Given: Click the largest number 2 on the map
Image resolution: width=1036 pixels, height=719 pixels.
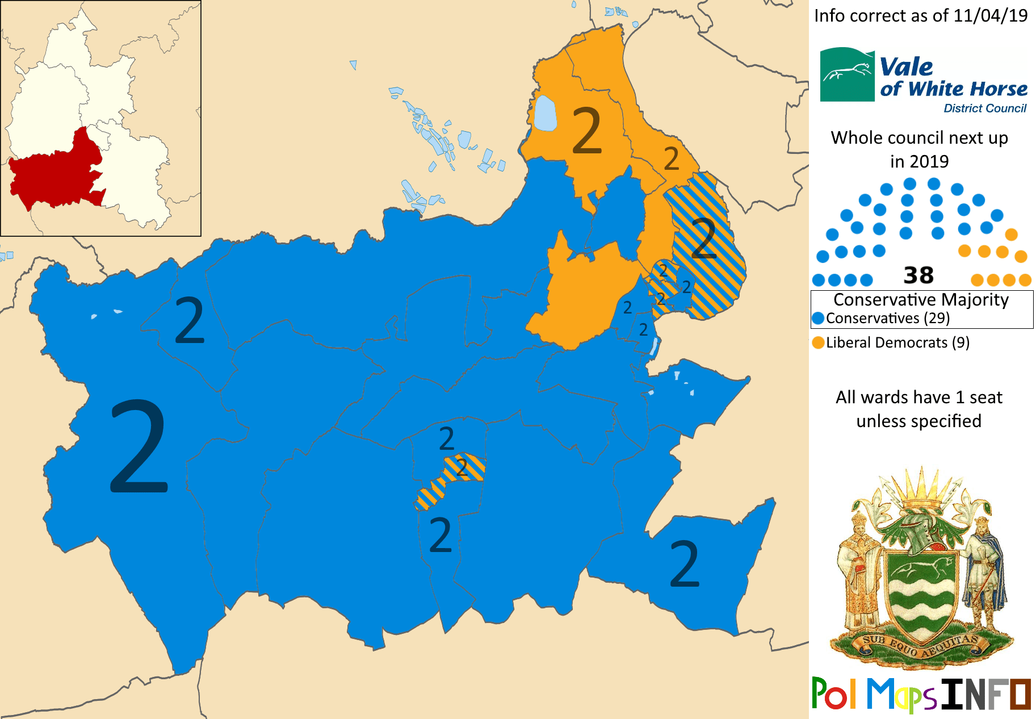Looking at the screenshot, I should click(139, 446).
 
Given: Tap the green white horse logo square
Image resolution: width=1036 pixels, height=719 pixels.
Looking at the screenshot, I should click(847, 74).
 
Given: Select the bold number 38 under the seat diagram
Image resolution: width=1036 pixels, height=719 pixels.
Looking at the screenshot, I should click(918, 275).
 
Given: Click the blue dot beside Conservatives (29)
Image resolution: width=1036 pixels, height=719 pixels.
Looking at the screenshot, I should click(818, 318).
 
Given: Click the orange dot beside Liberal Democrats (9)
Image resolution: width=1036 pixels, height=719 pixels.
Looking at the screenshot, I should click(818, 342).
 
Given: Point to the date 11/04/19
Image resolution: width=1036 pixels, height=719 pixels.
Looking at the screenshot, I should click(990, 16).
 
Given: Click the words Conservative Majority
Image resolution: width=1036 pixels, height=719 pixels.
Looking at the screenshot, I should click(921, 300).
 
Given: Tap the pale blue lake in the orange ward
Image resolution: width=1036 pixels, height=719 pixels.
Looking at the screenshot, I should click(545, 114).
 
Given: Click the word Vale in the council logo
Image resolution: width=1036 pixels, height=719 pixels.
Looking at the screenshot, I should click(906, 67).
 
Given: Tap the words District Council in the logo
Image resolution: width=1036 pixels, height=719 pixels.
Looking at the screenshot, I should click(985, 108).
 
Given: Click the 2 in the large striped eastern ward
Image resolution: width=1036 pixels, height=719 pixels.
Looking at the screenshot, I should click(704, 239).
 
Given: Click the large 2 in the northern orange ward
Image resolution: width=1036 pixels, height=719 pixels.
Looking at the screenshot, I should click(586, 131).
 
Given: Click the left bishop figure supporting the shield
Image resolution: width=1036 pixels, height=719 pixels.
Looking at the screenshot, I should click(861, 568).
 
